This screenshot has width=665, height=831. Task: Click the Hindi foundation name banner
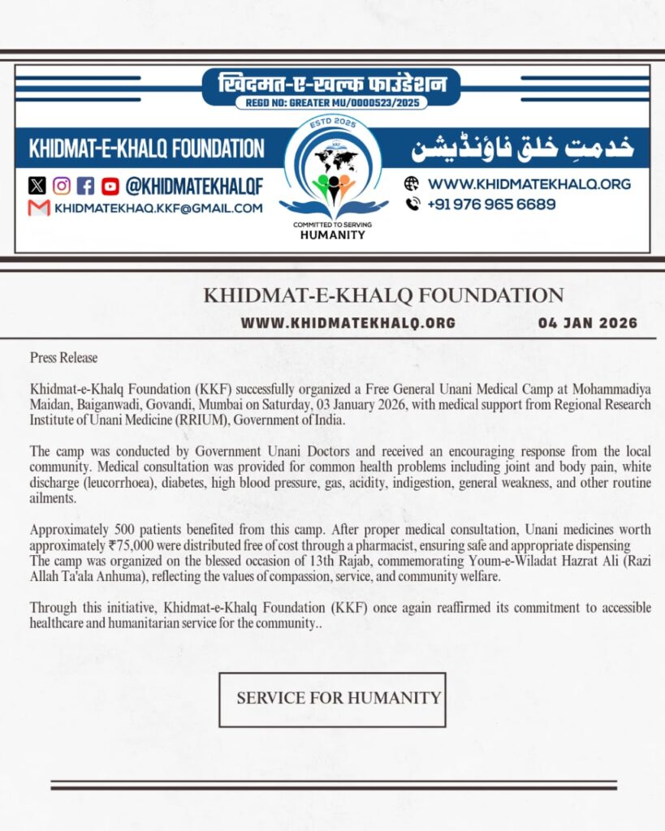331,84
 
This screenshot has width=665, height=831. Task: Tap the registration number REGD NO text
331,103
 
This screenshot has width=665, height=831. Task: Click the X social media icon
37,186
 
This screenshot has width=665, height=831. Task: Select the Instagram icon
62,186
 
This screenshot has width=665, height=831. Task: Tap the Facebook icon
86,186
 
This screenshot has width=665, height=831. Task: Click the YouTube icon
110,186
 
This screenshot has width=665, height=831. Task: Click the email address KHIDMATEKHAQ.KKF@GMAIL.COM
158,208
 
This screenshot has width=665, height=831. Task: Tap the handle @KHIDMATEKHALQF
194,186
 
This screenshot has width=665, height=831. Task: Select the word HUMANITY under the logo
333,235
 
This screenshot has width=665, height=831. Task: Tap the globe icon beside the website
412,183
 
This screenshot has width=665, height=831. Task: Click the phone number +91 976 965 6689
492,205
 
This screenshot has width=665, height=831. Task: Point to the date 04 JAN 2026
588,323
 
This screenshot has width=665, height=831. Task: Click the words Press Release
63,357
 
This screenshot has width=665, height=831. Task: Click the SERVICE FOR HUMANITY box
332,699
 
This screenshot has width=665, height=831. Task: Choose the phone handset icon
412,205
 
